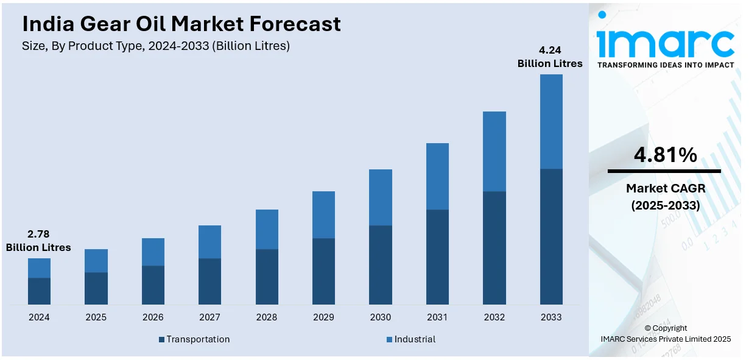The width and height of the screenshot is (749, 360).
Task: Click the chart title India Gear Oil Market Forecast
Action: point(181,24)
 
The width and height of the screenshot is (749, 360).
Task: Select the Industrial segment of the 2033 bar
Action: point(551,122)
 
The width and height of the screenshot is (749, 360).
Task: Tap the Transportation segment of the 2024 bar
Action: point(39,291)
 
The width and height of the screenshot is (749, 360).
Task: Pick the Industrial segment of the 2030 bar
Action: point(381,197)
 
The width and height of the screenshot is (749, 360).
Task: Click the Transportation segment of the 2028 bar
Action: point(267,277)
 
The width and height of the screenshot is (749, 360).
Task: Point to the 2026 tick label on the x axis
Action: point(153,317)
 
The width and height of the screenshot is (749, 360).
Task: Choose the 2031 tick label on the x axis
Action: point(437,317)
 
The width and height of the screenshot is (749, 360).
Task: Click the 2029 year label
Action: point(323,317)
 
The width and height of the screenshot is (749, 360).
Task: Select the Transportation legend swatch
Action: point(162,339)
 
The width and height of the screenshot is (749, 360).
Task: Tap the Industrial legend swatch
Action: point(390,339)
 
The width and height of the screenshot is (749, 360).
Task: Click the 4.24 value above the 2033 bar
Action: point(550,51)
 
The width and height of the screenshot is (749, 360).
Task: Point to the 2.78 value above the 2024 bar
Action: point(38,234)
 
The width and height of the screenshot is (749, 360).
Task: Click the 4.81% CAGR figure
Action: point(665,156)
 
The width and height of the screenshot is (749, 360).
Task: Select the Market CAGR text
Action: point(665,189)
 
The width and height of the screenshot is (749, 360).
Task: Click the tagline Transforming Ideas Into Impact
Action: point(666,65)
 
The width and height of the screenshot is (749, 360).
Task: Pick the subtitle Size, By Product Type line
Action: point(155,46)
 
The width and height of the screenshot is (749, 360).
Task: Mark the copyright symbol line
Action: point(666,328)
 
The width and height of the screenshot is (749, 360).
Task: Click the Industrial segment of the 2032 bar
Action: point(494,152)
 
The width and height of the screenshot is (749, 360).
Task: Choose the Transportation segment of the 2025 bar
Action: point(96,288)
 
